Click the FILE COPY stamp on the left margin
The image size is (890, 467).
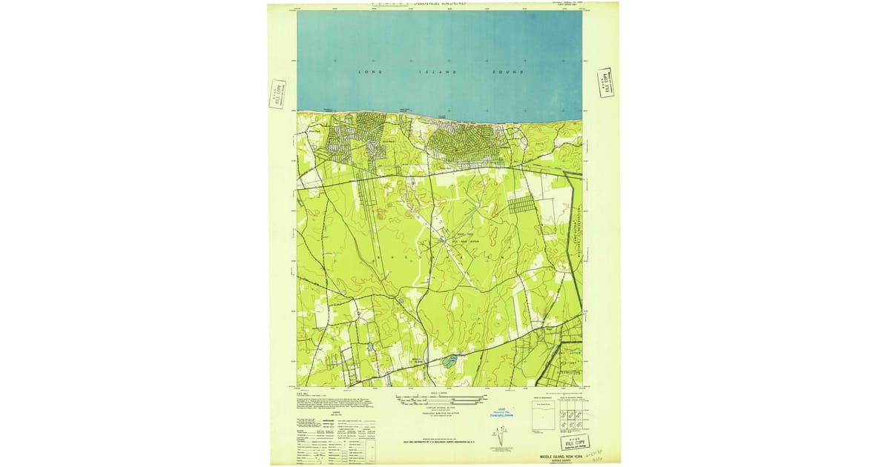(277, 94)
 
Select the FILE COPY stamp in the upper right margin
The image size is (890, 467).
(604, 82)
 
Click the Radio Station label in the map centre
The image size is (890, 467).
(463, 240)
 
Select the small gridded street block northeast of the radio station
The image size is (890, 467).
(521, 203)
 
